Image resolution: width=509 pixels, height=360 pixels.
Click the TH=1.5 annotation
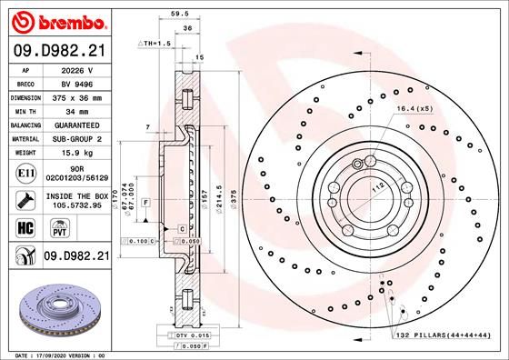(x=154, y=44)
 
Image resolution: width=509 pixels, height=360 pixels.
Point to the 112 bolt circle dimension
(x=374, y=188)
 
